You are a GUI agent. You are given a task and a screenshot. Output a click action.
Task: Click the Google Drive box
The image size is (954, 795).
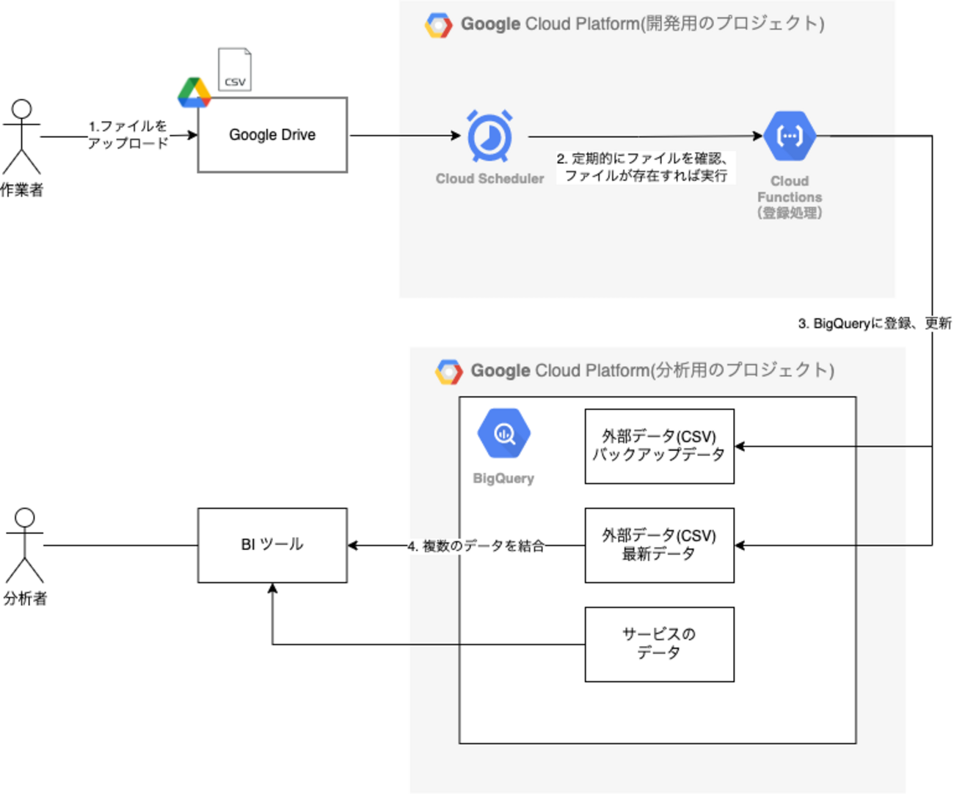pyautogui.click(x=272, y=135)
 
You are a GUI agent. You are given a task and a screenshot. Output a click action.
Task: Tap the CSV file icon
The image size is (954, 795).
pyautogui.click(x=235, y=70)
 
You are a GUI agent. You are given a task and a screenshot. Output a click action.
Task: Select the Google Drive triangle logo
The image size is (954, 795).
pyautogui.click(x=194, y=92)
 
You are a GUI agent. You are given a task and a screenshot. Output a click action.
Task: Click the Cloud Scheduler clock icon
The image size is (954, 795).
pyautogui.click(x=490, y=136)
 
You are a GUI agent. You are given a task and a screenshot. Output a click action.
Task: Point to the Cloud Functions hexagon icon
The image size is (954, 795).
pyautogui.click(x=790, y=136)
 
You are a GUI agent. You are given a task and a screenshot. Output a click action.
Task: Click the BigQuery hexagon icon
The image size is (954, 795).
pyautogui.click(x=503, y=434)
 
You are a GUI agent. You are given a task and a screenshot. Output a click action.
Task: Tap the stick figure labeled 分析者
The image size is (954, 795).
pyautogui.click(x=25, y=546)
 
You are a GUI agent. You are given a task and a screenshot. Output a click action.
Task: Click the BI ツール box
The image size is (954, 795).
pyautogui.click(x=272, y=545)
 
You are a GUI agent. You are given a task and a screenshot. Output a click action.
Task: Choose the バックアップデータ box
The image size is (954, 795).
pyautogui.click(x=659, y=446)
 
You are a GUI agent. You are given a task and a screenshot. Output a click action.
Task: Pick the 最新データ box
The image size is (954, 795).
pyautogui.click(x=659, y=545)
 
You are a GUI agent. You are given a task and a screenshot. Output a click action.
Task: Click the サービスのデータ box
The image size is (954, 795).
pyautogui.click(x=659, y=644)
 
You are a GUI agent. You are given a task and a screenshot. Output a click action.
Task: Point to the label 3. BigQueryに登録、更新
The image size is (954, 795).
pyautogui.click(x=874, y=323)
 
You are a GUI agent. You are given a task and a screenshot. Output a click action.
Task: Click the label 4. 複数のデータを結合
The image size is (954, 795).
pyautogui.click(x=476, y=546)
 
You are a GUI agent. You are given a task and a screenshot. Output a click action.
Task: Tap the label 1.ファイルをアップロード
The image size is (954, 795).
pyautogui.click(x=128, y=135)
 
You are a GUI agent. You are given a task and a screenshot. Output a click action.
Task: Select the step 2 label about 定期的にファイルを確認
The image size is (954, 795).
pyautogui.click(x=644, y=167)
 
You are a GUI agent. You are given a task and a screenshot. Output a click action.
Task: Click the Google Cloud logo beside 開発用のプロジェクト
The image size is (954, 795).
pyautogui.click(x=439, y=25)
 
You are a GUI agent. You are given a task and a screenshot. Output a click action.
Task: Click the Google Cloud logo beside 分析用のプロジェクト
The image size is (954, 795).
pyautogui.click(x=449, y=371)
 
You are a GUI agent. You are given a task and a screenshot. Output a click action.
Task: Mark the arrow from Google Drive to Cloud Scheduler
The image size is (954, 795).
pyautogui.click(x=404, y=135)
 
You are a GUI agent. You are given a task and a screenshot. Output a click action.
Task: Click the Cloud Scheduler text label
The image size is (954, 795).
pyautogui.click(x=489, y=179)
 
